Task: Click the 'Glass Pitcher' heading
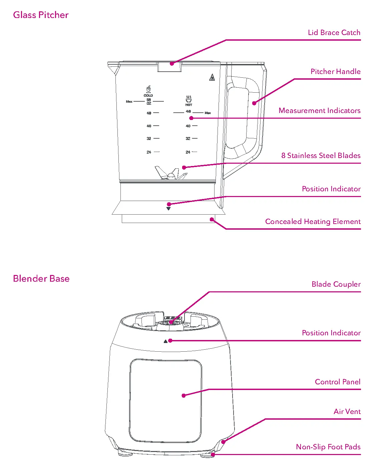pyautogui.click(x=41, y=15)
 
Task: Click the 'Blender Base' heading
pyautogui.click(x=41, y=279)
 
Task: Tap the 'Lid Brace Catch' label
pyautogui.click(x=334, y=33)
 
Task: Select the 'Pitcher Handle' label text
pyautogui.click(x=335, y=72)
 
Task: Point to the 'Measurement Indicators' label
pyautogui.click(x=319, y=111)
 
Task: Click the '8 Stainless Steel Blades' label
pyautogui.click(x=321, y=156)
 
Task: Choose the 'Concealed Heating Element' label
pyautogui.click(x=313, y=222)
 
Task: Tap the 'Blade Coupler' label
pyautogui.click(x=336, y=284)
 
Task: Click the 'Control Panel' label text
pyautogui.click(x=338, y=382)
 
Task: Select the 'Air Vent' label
pyautogui.click(x=347, y=412)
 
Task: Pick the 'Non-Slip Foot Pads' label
pyautogui.click(x=328, y=447)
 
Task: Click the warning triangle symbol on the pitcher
pyautogui.click(x=212, y=77)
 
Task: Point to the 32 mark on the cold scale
pyautogui.click(x=149, y=138)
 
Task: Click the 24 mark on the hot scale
pyautogui.click(x=188, y=152)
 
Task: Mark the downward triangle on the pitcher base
pyautogui.click(x=168, y=209)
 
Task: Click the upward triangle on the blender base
pyautogui.click(x=165, y=341)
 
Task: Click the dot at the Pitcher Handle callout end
pyautogui.click(x=254, y=103)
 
